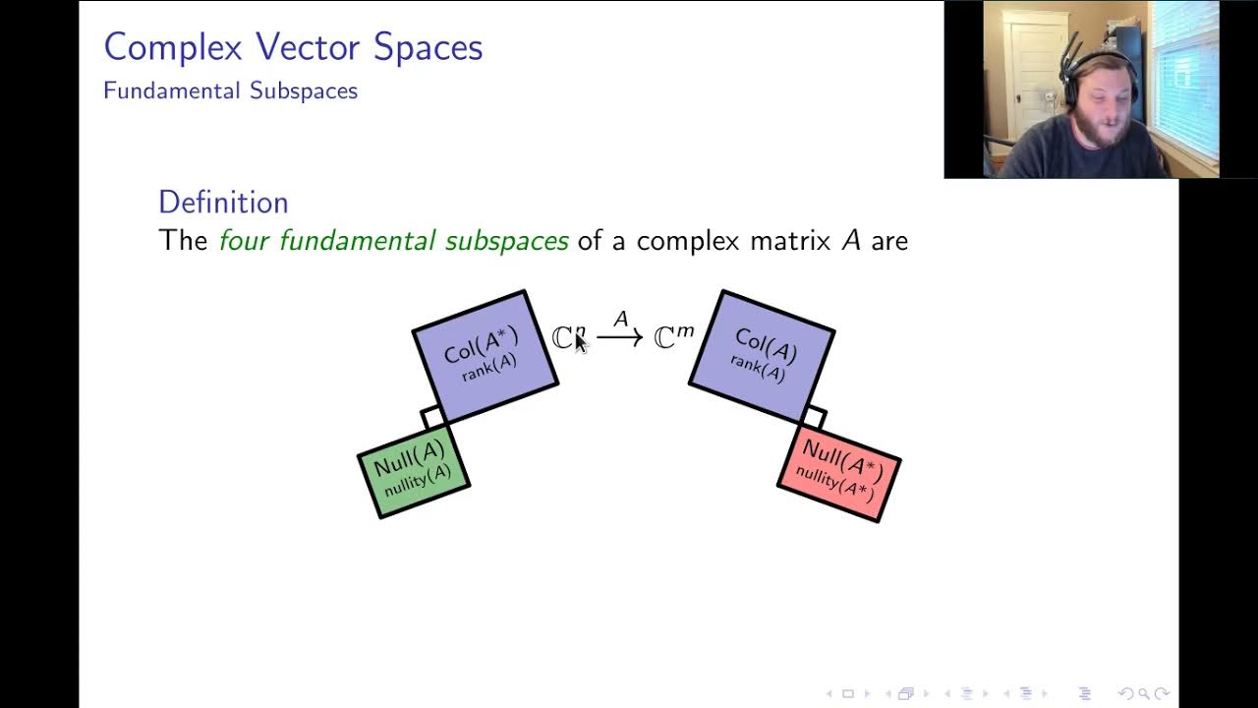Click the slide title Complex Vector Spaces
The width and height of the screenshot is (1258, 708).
click(293, 47)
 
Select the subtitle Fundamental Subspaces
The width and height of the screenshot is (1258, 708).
click(230, 91)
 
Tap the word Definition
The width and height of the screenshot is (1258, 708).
click(223, 203)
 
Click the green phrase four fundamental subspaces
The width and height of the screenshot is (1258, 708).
click(393, 241)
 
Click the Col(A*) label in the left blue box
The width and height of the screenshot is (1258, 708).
click(481, 344)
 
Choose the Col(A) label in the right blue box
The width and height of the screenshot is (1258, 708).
click(766, 345)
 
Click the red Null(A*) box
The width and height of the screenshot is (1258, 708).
click(839, 472)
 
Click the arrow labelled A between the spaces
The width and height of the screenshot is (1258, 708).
click(619, 338)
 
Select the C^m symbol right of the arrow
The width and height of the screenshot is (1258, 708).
click(673, 337)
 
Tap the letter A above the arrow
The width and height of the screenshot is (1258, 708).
click(620, 320)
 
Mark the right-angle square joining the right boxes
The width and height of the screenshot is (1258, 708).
click(814, 417)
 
